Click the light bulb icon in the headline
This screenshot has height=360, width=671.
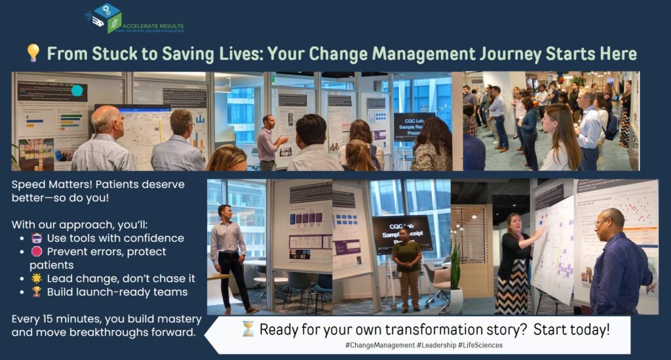coord(33,53)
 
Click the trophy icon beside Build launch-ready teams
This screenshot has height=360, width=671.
coord(37,292)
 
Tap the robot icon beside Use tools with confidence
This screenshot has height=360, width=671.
coord(37,239)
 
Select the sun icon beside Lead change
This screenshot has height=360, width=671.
coord(37,279)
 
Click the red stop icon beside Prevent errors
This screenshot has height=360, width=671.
coord(37,252)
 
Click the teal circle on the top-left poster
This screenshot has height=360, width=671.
coord(77,91)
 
